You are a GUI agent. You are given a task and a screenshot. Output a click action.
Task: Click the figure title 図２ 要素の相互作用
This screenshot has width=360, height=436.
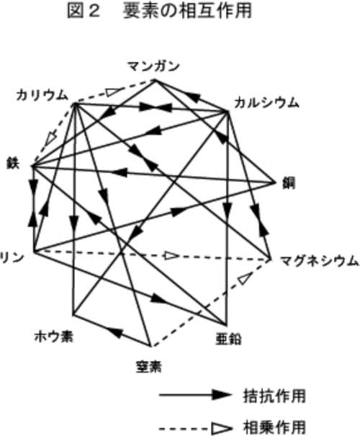159,12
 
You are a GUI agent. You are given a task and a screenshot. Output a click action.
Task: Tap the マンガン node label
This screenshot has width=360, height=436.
153,66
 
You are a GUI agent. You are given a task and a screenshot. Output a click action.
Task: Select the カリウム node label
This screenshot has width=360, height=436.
42,95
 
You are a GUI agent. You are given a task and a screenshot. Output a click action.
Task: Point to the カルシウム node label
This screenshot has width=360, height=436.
266,103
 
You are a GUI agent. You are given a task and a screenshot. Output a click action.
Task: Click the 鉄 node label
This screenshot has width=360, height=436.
13,164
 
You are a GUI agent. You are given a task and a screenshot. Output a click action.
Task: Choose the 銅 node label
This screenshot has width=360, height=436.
289,184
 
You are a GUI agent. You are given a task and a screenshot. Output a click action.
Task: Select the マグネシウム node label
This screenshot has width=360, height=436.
319,262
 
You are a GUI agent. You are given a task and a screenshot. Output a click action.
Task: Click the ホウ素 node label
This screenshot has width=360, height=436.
53,337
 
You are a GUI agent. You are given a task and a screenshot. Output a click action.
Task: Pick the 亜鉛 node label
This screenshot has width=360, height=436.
228,339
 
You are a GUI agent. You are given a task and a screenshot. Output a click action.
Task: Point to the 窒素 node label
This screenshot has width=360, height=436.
148,367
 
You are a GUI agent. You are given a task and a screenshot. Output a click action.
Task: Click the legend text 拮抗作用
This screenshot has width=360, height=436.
274,396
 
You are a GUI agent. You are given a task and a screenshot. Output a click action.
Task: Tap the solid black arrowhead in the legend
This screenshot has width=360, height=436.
221,395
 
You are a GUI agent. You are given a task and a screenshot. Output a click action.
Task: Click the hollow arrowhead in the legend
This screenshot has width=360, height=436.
221,428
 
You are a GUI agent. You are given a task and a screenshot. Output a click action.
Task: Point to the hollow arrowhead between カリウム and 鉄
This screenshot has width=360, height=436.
52,138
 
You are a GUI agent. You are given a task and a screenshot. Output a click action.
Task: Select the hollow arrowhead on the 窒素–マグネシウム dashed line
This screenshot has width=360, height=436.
246,278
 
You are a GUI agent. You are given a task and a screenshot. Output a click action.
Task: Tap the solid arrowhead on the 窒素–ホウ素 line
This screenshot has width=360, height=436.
114,332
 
